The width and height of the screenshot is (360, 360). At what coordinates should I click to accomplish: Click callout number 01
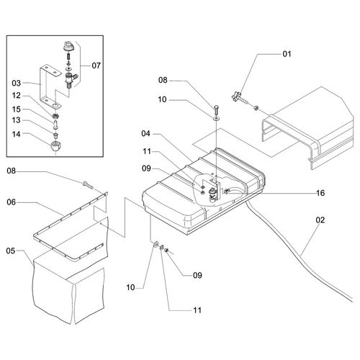pos(287,54)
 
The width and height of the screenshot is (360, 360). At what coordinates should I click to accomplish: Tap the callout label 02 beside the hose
pos(320,220)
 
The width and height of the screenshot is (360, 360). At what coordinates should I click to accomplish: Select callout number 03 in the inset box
pos(17,84)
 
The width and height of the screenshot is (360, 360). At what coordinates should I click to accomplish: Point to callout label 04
pos(145,133)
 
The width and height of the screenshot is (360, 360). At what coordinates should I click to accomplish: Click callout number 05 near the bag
pos(11,251)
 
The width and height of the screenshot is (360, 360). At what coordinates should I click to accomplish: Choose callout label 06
pos(11,202)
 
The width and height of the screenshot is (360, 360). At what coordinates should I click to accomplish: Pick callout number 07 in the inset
pos(96,66)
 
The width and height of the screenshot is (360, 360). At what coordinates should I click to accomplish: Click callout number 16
pos(320,193)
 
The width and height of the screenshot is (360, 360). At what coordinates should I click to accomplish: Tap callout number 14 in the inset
pos(17,134)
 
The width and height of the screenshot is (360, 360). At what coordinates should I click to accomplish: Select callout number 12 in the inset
pos(17,96)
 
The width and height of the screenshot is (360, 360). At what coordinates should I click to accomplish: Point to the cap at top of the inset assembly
pos(68,46)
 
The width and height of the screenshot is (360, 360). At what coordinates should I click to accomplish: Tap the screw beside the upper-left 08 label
pos(88,185)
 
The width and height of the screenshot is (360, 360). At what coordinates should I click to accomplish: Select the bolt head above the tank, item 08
pos(216,109)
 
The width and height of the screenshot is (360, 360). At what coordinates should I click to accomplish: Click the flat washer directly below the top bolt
pos(216,117)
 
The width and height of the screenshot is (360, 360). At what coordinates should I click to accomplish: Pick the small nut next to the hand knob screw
pos(256,108)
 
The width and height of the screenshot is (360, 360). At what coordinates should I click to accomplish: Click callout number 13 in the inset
pos(17,120)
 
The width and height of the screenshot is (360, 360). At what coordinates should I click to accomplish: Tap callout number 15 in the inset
pos(17,109)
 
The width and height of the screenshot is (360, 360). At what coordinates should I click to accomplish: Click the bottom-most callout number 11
pos(197,310)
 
